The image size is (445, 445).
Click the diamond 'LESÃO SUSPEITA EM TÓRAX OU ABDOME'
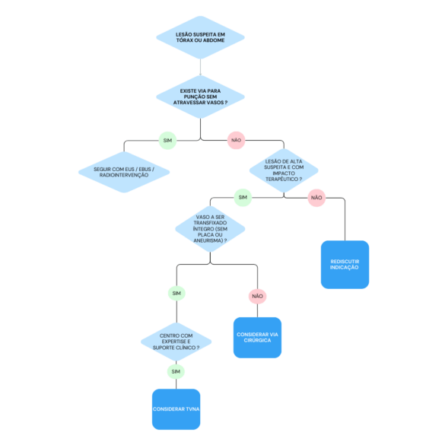pyautogui.click(x=200, y=37)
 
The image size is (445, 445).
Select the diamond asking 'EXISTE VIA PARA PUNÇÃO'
pyautogui.click(x=200, y=97)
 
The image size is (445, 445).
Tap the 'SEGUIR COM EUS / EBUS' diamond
pyautogui.click(x=124, y=172)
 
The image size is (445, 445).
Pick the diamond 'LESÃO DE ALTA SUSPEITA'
pyautogui.click(x=284, y=170)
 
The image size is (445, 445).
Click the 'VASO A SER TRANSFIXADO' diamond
pyautogui.click(x=210, y=229)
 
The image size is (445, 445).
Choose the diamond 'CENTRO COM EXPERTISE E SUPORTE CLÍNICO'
pyautogui.click(x=176, y=342)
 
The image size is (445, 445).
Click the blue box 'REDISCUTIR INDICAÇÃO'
pyautogui.click(x=345, y=265)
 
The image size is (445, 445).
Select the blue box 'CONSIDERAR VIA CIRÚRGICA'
pyautogui.click(x=257, y=338)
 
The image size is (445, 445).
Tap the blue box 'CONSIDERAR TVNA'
pyautogui.click(x=176, y=409)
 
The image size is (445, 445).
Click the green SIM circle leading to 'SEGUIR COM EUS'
pyautogui.click(x=167, y=141)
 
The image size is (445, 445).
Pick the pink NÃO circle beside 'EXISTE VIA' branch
pyautogui.click(x=236, y=140)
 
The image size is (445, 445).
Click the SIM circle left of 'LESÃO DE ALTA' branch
pyautogui.click(x=243, y=198)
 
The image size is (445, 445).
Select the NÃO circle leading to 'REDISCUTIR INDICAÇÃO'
pyautogui.click(x=316, y=198)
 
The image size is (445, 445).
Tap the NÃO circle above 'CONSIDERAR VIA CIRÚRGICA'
pyautogui.click(x=257, y=297)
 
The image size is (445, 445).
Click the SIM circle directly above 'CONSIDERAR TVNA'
pyautogui.click(x=176, y=371)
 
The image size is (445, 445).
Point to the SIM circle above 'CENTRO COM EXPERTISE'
pyautogui.click(x=176, y=293)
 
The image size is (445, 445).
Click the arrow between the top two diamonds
pyautogui.click(x=200, y=67)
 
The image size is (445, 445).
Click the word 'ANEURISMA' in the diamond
pyautogui.click(x=208, y=240)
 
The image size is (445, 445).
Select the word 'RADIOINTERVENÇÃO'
pyautogui.click(x=124, y=175)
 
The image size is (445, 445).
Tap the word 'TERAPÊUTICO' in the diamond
pyautogui.click(x=281, y=180)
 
